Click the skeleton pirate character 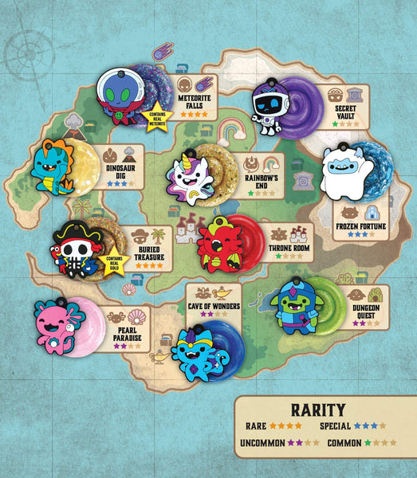(77, 252)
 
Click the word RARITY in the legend (317, 411)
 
